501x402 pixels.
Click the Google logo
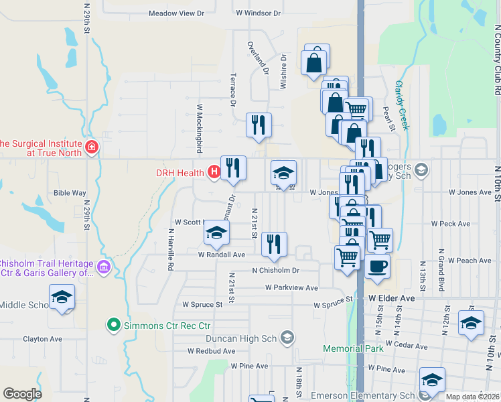coord(23,394)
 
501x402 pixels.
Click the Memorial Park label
coord(353,348)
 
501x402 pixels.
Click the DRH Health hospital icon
coord(214,173)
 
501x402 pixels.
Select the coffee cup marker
coord(377,266)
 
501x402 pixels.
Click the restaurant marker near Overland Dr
coord(258,124)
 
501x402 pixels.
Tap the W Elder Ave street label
coord(392,297)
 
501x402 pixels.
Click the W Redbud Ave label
coord(211,350)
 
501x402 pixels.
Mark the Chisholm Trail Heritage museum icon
coord(103,268)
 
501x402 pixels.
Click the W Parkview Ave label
coord(291,287)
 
